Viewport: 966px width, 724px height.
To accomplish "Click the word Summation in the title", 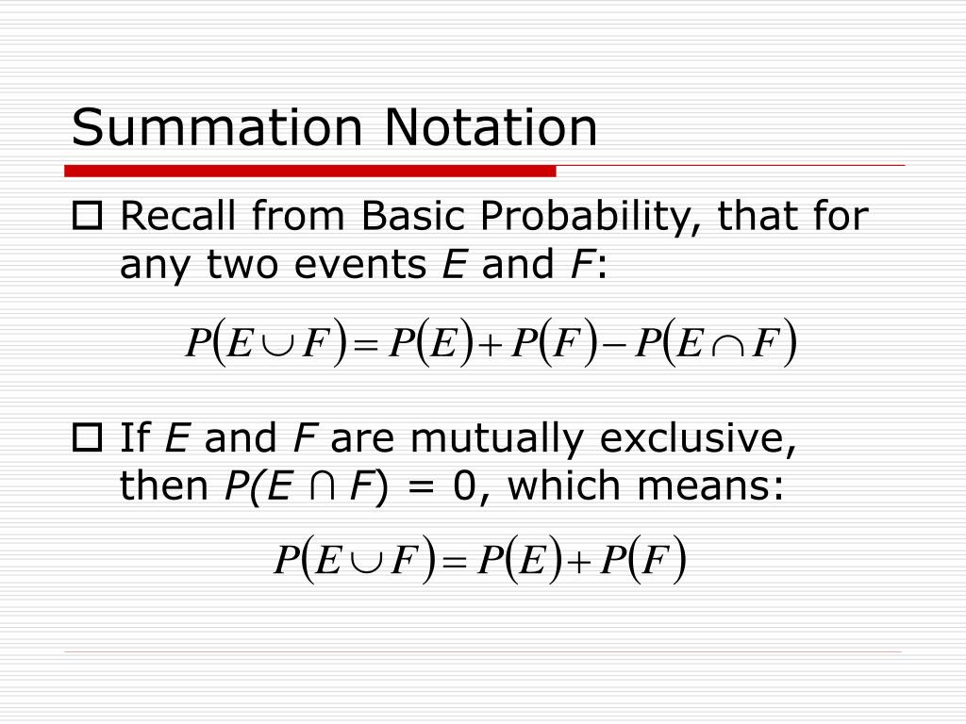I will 219,127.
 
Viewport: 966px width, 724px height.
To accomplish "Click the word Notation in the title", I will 490,127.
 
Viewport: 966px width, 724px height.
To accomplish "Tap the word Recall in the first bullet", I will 175,218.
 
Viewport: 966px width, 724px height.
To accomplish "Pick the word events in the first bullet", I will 368,267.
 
